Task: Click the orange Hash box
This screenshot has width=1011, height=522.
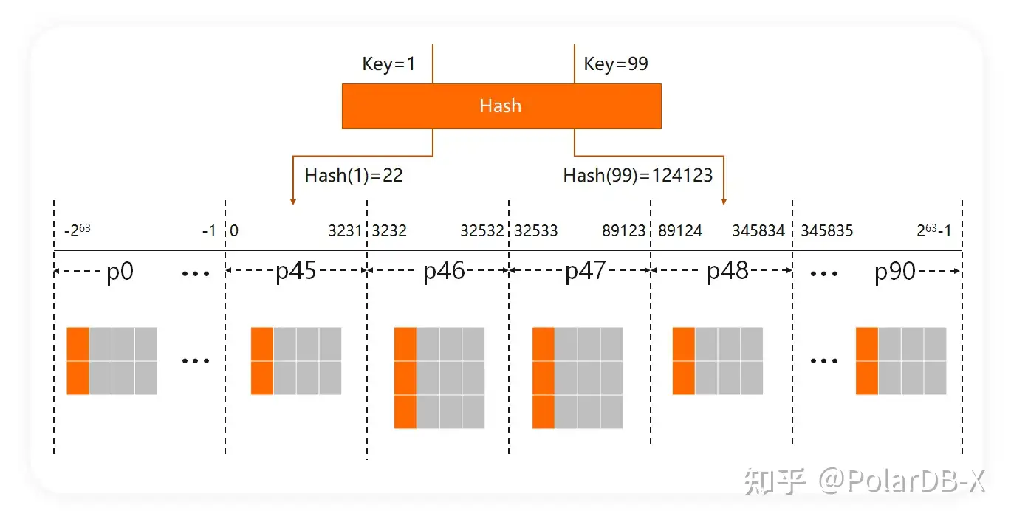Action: point(501,106)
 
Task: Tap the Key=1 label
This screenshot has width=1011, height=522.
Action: point(388,64)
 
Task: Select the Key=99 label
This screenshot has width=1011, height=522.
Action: point(616,64)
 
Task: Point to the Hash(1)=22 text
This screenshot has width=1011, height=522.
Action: point(354,175)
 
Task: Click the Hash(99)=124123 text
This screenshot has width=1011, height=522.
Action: point(638,175)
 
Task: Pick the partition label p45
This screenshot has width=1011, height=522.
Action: point(295,271)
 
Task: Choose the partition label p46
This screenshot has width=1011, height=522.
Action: point(444,271)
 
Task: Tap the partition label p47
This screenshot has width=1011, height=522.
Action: point(586,271)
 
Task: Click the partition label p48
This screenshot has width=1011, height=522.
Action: point(727,271)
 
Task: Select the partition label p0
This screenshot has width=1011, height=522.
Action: point(120,271)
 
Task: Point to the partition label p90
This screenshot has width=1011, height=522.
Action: point(894,271)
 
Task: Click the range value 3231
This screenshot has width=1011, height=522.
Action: point(345,231)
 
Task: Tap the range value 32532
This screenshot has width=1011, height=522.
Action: point(482,231)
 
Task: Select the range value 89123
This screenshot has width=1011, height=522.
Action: point(624,231)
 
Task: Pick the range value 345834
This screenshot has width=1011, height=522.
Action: point(758,231)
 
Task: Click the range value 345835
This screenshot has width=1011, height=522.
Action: point(827,231)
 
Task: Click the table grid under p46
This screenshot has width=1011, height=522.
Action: point(439,377)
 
